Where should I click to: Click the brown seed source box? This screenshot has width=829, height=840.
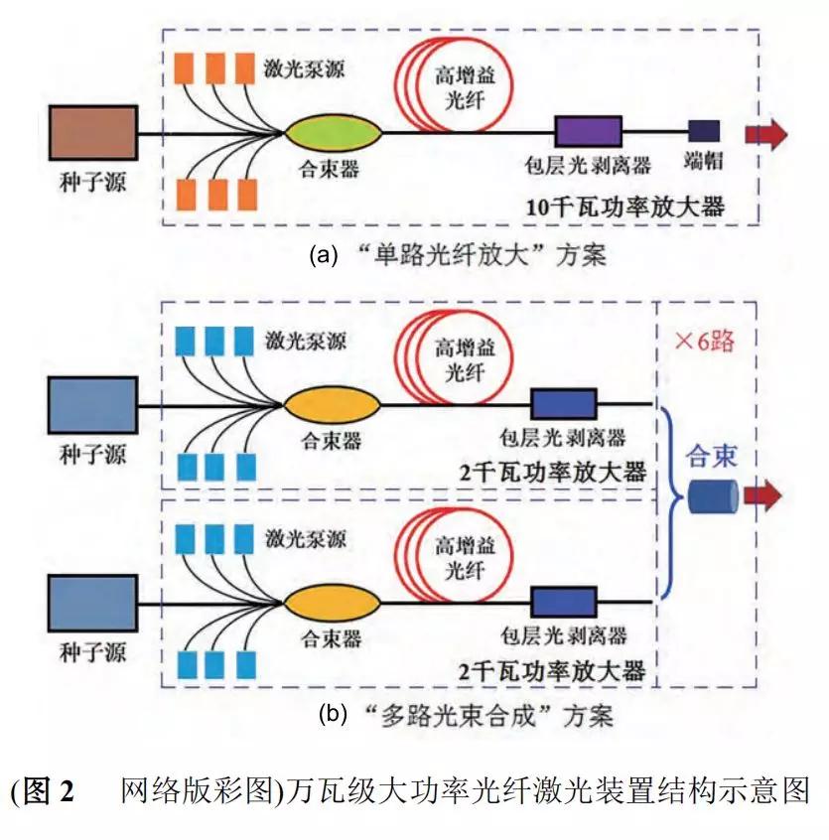click(x=95, y=133)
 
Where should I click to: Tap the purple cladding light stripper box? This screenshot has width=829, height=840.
click(x=588, y=132)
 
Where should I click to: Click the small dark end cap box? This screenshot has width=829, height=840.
click(x=704, y=132)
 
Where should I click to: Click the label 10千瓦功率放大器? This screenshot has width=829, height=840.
click(x=625, y=208)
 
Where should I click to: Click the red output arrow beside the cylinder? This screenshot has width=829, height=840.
click(x=763, y=496)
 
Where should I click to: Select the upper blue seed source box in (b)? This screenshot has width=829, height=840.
click(x=92, y=404)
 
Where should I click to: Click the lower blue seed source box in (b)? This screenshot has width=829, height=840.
click(x=92, y=603)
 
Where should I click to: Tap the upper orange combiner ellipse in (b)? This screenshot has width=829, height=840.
click(x=333, y=405)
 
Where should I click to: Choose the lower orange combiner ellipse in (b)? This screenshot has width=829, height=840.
click(x=333, y=602)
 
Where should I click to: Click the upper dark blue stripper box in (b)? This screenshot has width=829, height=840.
click(x=564, y=404)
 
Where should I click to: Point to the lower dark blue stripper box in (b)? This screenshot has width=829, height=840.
click(x=564, y=602)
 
